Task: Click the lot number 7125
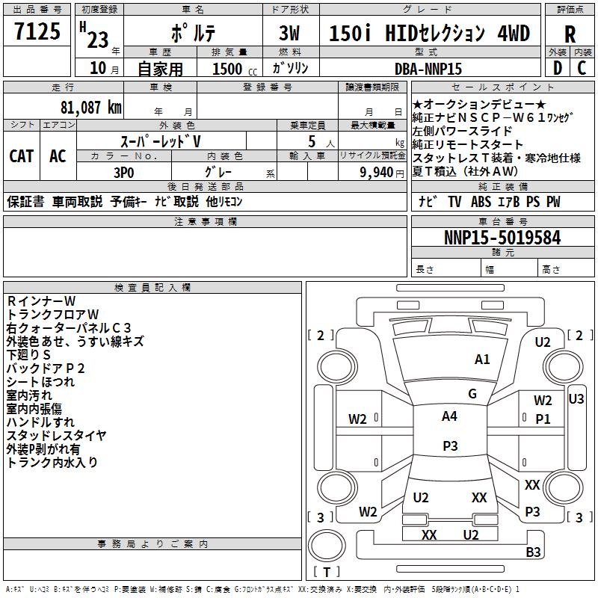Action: [x=37, y=33]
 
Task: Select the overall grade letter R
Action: [x=570, y=34]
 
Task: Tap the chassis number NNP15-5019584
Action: [x=502, y=238]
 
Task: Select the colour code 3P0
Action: [x=123, y=171]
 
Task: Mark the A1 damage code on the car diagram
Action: [x=483, y=360]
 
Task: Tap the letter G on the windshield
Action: [x=472, y=394]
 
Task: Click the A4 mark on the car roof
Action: [x=449, y=416]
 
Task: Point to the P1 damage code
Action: [x=543, y=419]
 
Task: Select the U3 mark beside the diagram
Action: [x=576, y=399]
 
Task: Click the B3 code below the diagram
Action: [x=533, y=552]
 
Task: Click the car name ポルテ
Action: [x=191, y=34]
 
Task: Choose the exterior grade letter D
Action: [x=557, y=68]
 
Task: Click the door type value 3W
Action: [x=289, y=34]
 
